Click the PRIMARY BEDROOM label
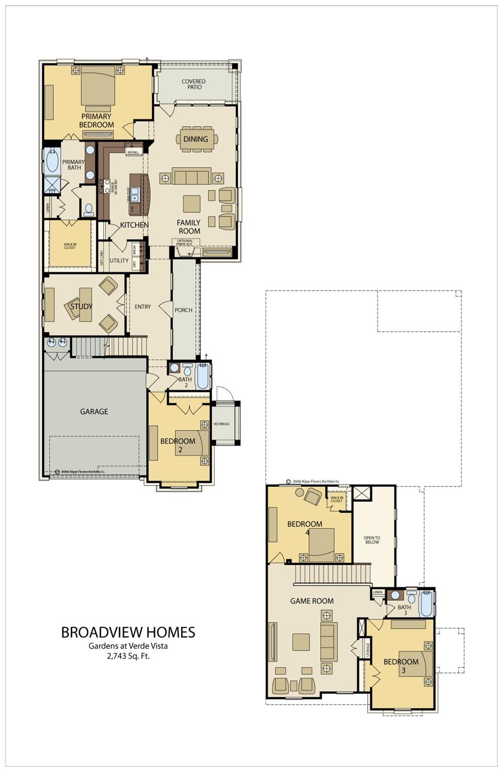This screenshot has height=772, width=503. pyautogui.click(x=96, y=121)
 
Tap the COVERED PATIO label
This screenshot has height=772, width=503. pyautogui.click(x=193, y=84)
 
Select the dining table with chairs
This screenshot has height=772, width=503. pyautogui.click(x=196, y=139)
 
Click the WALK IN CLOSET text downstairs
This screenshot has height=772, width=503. pyautogui.click(x=70, y=246)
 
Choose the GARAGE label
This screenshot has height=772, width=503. pyautogui.click(x=94, y=412)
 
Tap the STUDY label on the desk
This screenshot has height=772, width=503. pyautogui.click(x=81, y=306)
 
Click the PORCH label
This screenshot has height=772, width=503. pyautogui.click(x=183, y=310)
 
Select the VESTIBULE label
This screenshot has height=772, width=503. pyautogui.click(x=221, y=424)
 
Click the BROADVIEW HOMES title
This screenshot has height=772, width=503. pyautogui.click(x=128, y=632)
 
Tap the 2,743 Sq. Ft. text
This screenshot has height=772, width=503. pyautogui.click(x=128, y=656)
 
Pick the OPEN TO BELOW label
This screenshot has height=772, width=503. pyautogui.click(x=372, y=540)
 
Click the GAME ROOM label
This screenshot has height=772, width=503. pyautogui.click(x=312, y=601)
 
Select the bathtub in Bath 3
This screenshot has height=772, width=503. pyautogui.click(x=426, y=604)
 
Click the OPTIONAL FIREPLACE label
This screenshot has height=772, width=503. pyautogui.click(x=184, y=243)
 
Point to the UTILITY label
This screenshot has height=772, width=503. pyautogui.click(x=119, y=260)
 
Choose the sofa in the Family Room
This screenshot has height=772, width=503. pyautogui.click(x=191, y=177)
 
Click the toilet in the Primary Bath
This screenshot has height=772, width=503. pyautogui.click(x=89, y=209)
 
